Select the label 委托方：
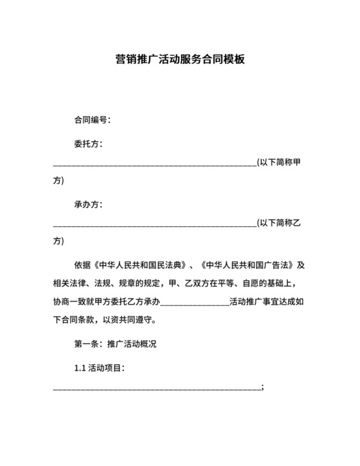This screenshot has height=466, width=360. click(x=89, y=145)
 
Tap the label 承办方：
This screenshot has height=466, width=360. click(x=89, y=204)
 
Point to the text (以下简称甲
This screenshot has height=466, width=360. click(x=278, y=162)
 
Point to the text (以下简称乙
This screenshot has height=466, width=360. click(x=278, y=222)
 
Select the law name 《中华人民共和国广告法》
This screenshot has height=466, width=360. click(x=248, y=265)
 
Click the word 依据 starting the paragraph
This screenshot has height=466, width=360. click(x=84, y=265)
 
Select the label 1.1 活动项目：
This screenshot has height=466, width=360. click(x=100, y=368)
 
